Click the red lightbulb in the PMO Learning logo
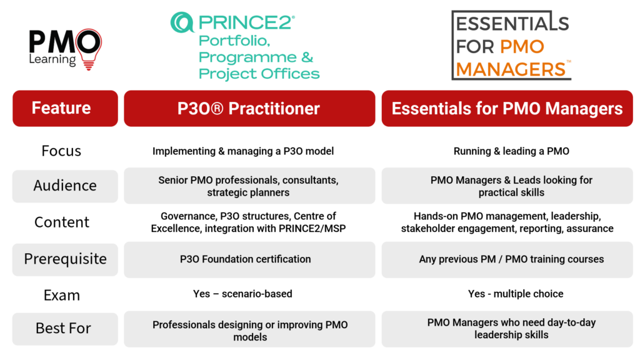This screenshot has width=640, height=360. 89,49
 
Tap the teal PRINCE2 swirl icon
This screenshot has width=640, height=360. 182,22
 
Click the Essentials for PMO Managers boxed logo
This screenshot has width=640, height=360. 511,45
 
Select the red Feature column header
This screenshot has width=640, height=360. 65,108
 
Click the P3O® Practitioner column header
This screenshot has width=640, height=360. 249,108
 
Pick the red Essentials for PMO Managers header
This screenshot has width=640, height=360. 507,108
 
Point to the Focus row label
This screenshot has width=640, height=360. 61,151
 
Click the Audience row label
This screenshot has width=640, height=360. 65,186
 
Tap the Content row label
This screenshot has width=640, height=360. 62,222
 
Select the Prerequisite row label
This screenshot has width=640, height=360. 65,259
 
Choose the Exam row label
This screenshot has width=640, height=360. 62,295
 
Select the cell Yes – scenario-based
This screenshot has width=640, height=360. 242,294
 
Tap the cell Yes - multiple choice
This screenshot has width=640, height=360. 516,294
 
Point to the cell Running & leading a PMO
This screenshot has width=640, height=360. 511,151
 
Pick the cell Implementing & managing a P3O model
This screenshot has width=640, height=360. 243,151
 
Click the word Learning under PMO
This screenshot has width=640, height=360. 52,59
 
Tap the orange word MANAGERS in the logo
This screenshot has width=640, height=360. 511,69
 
